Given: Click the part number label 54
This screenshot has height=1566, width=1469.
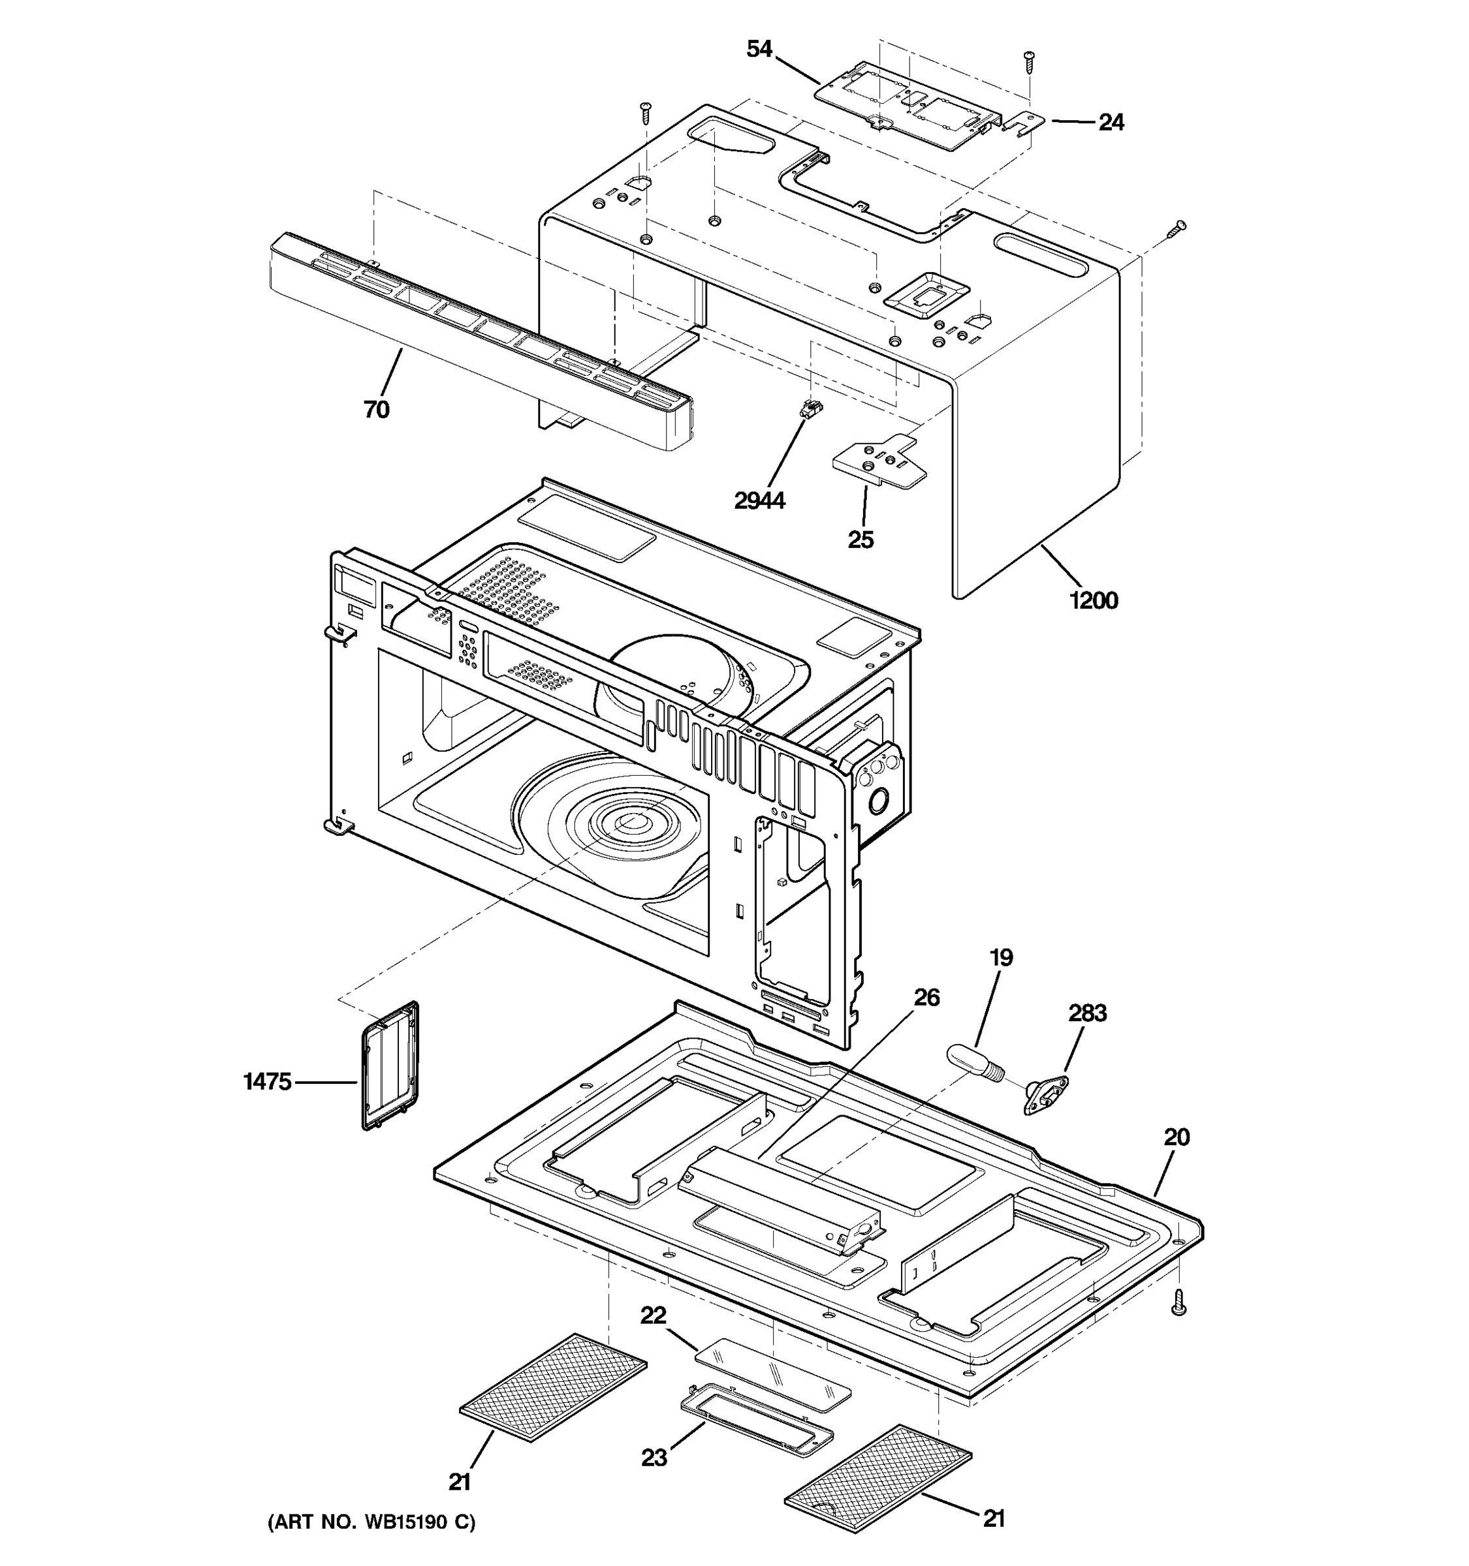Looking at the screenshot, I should tap(759, 50).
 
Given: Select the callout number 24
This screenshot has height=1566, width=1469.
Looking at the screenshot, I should tap(1111, 123).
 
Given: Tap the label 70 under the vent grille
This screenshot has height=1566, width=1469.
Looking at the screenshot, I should tap(377, 410).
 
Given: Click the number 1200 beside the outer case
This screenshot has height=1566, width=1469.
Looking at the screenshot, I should tap(1093, 601).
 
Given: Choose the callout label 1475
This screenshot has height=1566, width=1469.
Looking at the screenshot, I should tap(267, 1082).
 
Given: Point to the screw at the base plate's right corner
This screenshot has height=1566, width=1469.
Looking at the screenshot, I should tap(1179, 1304).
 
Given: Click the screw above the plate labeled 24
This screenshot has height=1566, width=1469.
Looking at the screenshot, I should tap(1029, 61).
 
